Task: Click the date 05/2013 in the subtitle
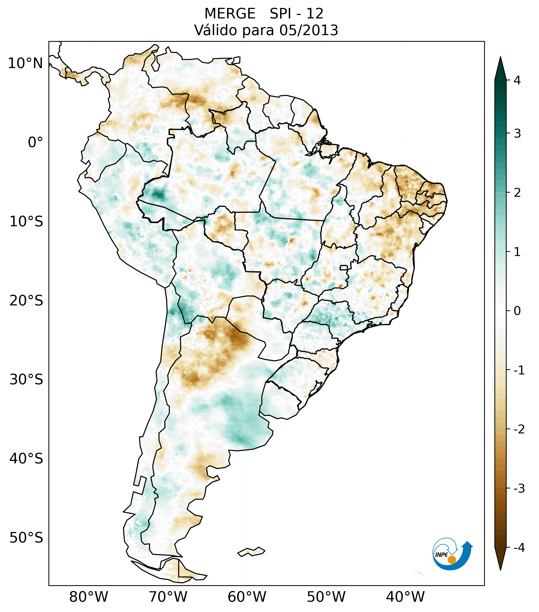point(308,30)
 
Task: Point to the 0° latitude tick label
point(35,142)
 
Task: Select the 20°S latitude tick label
point(26,301)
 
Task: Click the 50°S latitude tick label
point(26,538)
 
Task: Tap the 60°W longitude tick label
point(247,597)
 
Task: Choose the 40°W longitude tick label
point(405,597)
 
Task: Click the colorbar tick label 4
point(517,80)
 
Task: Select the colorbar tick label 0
point(517,311)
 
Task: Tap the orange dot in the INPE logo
point(451,560)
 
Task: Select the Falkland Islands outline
point(251,551)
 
